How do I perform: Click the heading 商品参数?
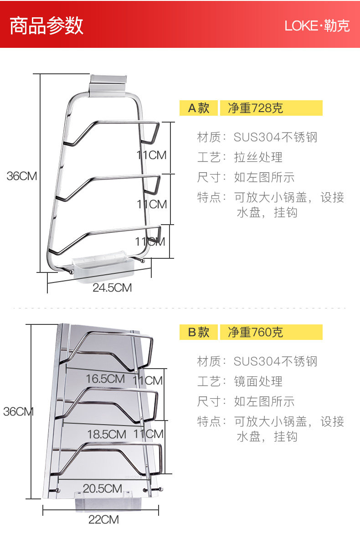(46, 26)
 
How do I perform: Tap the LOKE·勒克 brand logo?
(317, 26)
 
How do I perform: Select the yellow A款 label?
(199, 108)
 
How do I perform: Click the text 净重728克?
(255, 108)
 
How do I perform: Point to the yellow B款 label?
(199, 332)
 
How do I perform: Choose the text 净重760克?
(255, 332)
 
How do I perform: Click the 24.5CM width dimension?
(112, 288)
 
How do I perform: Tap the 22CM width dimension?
(103, 519)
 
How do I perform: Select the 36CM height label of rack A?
(21, 176)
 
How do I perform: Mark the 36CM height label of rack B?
(18, 411)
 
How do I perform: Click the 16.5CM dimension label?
(105, 379)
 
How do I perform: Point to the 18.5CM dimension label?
(107, 434)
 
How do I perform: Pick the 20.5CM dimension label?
(102, 489)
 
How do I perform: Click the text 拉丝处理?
(258, 157)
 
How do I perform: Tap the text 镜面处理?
(258, 381)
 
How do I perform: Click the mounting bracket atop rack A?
(108, 85)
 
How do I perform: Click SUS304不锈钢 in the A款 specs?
(275, 137)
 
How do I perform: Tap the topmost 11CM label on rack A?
(152, 155)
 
